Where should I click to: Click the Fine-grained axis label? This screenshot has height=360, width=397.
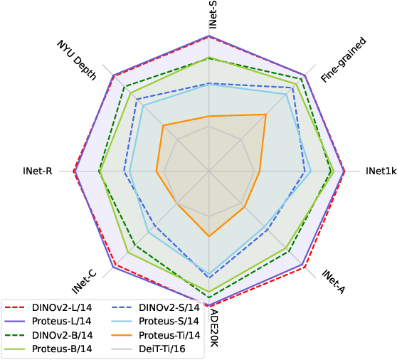[343, 61]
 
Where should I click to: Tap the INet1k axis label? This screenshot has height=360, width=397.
[381, 171]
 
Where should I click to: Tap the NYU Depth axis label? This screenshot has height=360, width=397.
[76, 60]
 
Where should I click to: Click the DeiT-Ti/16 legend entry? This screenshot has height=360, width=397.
[155, 348]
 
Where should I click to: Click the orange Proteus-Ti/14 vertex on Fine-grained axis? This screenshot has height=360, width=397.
[266, 115]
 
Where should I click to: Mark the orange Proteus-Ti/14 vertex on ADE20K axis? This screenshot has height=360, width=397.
[208, 236]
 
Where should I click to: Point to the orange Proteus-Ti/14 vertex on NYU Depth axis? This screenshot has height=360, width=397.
[163, 126]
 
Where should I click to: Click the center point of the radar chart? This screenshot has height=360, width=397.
[208, 171]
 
